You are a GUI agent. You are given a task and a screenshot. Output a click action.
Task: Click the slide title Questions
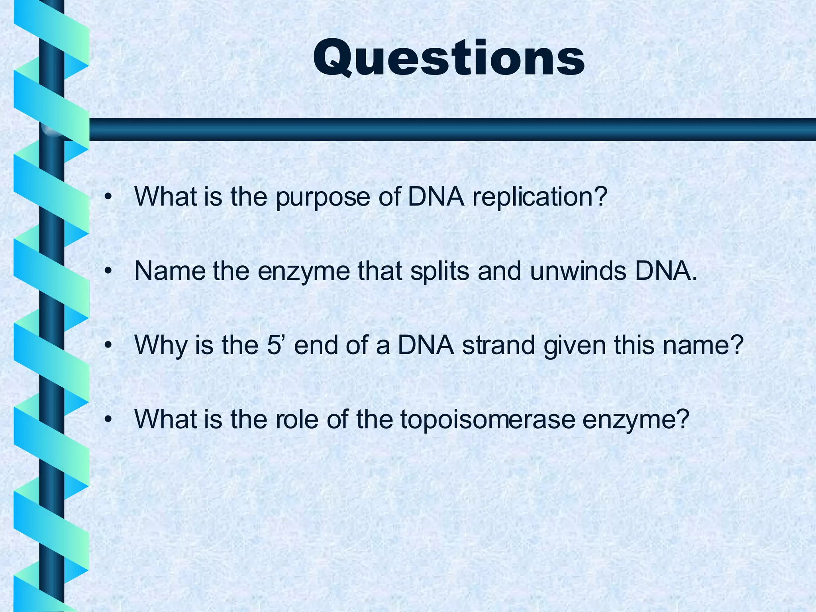449,58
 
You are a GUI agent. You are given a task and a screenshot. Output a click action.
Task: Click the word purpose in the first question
323,197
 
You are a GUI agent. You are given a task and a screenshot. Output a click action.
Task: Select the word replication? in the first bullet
540,197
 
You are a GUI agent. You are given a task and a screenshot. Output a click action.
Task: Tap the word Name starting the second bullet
169,271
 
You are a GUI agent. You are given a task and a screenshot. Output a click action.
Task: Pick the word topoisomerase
487,420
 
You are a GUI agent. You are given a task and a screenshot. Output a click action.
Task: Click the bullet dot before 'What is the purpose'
107,197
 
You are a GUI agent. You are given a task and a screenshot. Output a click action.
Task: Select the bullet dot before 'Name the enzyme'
107,271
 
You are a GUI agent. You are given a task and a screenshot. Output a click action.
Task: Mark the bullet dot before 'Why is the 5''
107,345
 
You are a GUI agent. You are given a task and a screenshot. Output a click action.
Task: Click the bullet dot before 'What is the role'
107,420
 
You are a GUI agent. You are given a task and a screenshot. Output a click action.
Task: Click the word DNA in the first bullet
436,197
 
